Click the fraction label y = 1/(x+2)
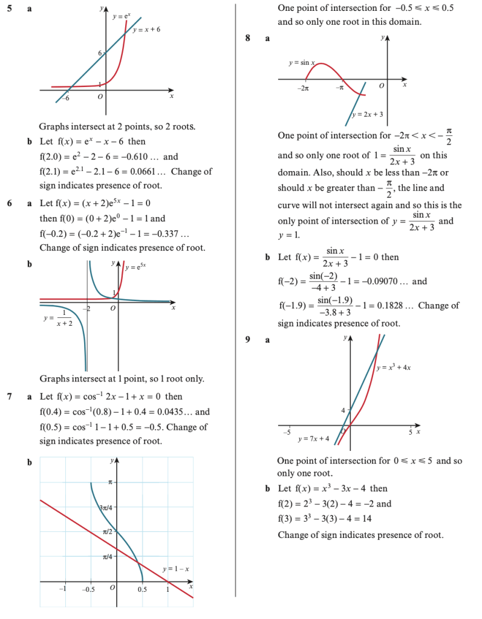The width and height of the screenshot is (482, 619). tap(57, 319)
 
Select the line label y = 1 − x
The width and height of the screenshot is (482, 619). tap(177, 569)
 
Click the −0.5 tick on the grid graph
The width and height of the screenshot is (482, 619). tap(89, 589)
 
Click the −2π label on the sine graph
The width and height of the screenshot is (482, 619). tap(304, 89)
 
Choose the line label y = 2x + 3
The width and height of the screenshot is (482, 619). tap(367, 114)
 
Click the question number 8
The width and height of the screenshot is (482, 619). tap(248, 37)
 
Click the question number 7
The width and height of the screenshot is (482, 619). tap(10, 397)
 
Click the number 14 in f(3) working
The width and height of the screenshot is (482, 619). tap(383, 519)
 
